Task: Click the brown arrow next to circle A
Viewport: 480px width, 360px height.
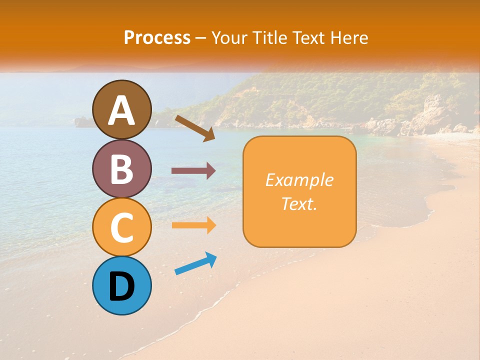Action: (x=194, y=128)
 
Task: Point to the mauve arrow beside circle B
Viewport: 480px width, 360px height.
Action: (x=193, y=171)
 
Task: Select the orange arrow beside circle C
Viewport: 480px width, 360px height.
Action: (x=193, y=225)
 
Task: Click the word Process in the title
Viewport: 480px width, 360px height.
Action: (x=157, y=37)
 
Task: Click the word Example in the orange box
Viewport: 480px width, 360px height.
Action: (x=299, y=180)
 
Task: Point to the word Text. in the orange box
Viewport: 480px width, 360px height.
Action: (x=299, y=203)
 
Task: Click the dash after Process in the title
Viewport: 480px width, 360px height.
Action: (x=201, y=38)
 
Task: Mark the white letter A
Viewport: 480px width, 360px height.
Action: (x=122, y=110)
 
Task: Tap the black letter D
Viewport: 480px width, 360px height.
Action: (x=121, y=286)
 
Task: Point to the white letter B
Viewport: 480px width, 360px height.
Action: (x=122, y=169)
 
